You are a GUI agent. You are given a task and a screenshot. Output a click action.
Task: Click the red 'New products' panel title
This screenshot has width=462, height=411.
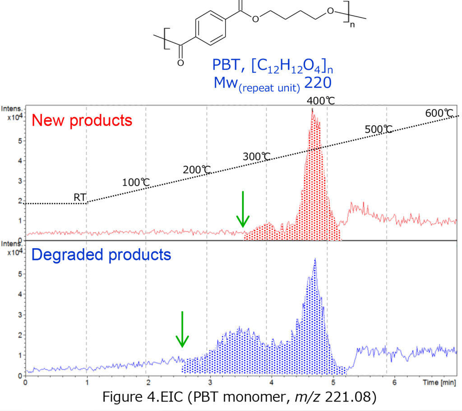point(83,120)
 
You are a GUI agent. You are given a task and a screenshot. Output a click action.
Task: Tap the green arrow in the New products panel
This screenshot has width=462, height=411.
point(243,209)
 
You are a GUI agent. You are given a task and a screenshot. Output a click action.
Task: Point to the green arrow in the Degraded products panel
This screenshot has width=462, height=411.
point(182,329)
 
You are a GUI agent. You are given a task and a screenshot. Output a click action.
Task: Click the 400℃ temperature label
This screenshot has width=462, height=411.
point(321,100)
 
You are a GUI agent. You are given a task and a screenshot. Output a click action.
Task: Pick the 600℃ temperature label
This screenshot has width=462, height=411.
point(439,113)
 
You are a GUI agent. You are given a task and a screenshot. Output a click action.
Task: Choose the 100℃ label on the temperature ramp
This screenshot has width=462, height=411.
point(136,183)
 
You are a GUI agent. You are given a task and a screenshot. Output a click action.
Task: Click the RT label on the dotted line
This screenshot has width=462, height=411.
point(80,197)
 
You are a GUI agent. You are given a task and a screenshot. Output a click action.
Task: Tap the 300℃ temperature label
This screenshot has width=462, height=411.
point(257,157)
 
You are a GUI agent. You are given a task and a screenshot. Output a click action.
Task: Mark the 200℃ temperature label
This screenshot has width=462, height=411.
point(197,170)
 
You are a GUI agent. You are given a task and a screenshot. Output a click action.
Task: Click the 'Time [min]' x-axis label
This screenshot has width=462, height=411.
point(441,383)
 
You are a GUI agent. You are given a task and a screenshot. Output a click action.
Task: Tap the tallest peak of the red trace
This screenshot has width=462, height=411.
point(312,111)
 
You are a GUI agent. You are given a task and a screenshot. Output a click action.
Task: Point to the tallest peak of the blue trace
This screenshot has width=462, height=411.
point(315,259)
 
